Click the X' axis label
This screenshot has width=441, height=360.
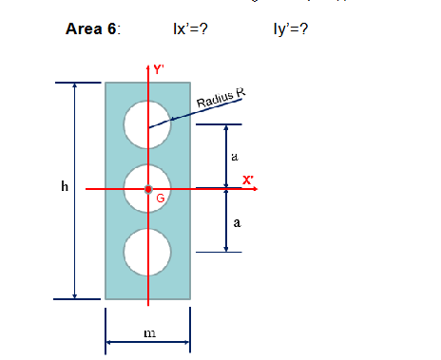(x=247, y=180)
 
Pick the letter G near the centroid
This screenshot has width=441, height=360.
(x=161, y=199)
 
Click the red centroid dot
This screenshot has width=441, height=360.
(x=147, y=189)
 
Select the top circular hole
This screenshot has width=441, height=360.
(x=147, y=125)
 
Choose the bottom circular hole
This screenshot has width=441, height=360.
(x=147, y=252)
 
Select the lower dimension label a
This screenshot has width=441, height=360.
(x=236, y=224)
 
